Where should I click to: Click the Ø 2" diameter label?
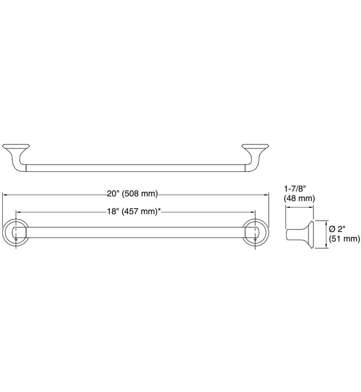click(x=339, y=228)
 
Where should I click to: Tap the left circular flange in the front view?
click(x=15, y=234)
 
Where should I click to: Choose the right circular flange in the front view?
click(x=255, y=234)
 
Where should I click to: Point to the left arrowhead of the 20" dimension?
click(x=6, y=194)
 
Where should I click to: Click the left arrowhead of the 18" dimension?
click(x=17, y=212)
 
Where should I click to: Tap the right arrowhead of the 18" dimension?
click(x=253, y=212)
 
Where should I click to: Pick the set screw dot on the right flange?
click(x=255, y=240)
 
